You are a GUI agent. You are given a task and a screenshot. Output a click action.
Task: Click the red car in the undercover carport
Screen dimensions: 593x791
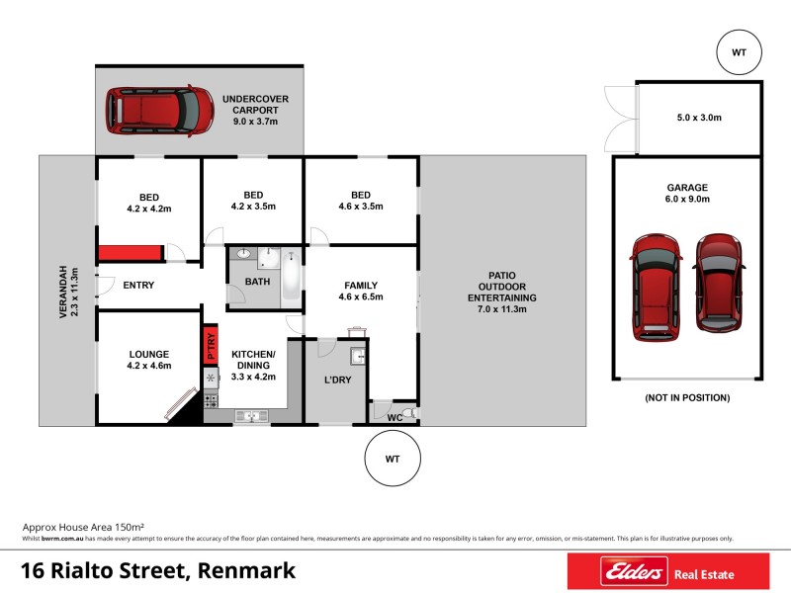160,111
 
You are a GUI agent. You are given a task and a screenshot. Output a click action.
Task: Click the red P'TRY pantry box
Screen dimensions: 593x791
210,345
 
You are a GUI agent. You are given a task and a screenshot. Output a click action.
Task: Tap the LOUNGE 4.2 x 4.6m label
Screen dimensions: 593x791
149,360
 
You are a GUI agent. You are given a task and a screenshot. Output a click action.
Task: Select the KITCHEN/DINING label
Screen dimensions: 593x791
252,365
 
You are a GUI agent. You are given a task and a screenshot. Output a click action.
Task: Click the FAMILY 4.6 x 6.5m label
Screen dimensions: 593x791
360,292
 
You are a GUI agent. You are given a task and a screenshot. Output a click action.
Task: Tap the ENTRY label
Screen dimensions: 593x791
138,286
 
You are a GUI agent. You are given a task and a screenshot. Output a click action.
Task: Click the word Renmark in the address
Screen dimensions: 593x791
245,571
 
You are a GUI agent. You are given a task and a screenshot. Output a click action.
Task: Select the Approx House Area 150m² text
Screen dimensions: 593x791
84,528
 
